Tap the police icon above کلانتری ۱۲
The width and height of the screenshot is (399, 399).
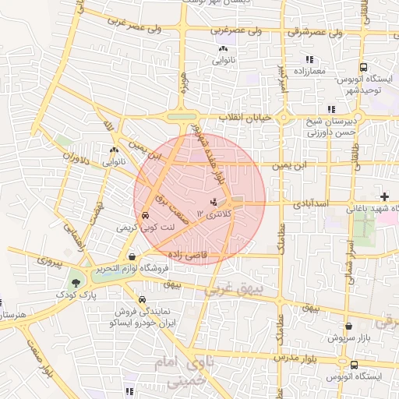pos(215,203)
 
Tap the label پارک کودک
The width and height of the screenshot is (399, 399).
pos(76,295)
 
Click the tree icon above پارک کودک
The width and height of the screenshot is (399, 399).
pos(76,283)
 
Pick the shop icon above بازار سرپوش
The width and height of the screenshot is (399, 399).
pos(348,327)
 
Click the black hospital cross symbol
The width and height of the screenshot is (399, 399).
pos(383,195)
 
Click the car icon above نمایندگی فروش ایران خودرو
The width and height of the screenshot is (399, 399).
pos(141,300)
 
